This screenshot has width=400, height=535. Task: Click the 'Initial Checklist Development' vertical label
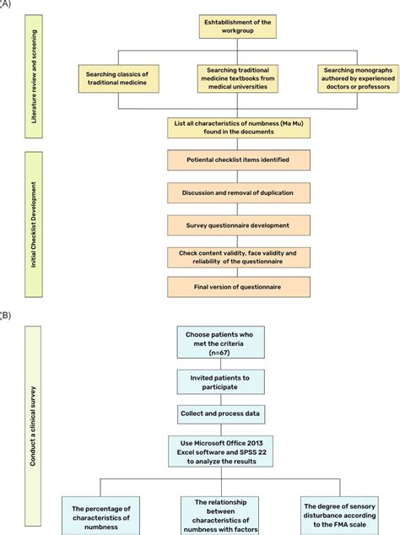pos(35,224)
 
